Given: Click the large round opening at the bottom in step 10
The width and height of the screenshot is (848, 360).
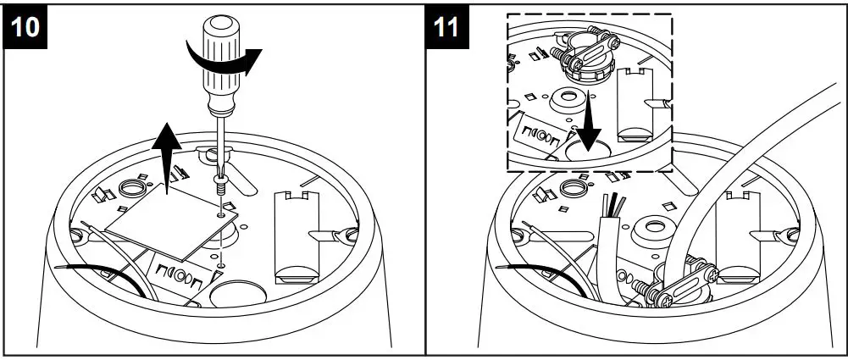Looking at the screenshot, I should point(232,293).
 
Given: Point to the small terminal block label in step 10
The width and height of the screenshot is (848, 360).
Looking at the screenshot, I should point(178,275).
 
